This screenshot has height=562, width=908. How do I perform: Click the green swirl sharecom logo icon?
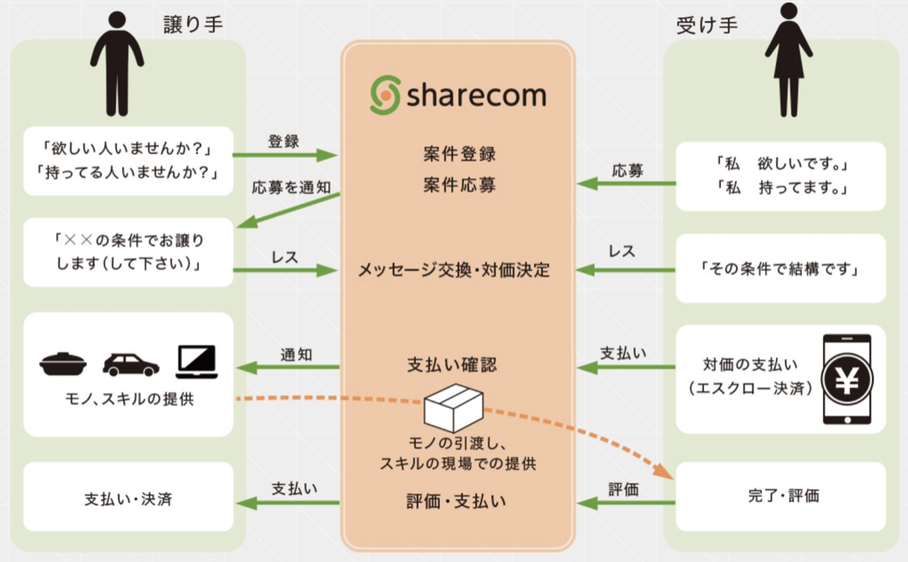[385, 95]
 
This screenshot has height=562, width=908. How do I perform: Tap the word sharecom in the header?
[476, 95]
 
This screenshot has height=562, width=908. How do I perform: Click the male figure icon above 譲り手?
[116, 62]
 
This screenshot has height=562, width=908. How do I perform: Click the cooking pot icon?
[63, 364]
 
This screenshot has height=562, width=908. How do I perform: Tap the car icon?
[130, 364]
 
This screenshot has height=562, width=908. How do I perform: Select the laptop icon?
[196, 362]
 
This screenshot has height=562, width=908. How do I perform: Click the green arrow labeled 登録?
[284, 154]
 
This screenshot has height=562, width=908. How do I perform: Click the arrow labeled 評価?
[626, 503]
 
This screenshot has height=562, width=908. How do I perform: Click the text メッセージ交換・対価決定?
[454, 271]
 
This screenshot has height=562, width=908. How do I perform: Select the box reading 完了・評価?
[782, 496]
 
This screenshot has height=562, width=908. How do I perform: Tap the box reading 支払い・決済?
[128, 499]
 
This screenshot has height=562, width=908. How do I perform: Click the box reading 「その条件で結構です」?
[780, 269]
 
